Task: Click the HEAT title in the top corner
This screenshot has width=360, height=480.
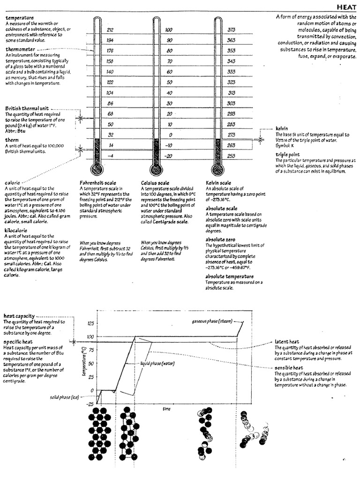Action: pos(346,7)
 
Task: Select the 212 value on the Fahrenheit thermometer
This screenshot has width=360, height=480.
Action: pos(111,30)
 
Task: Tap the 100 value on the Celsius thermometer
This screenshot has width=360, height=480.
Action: pos(169,30)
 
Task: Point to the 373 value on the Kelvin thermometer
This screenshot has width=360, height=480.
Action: pos(231,30)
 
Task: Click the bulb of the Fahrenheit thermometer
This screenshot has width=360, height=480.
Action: pos(96,169)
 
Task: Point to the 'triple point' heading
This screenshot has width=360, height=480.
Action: pos(289,154)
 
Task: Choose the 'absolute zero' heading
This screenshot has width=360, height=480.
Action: pos(221,240)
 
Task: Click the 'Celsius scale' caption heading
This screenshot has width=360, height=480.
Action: pos(157,182)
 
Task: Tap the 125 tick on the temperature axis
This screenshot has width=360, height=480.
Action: pos(90,323)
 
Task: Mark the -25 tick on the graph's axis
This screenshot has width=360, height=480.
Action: pos(90,404)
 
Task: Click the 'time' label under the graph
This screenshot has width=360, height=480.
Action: pos(166,409)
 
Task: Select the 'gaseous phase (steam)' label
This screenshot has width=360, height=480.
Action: pos(212,321)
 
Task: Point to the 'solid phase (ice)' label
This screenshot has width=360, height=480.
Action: pos(65,397)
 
